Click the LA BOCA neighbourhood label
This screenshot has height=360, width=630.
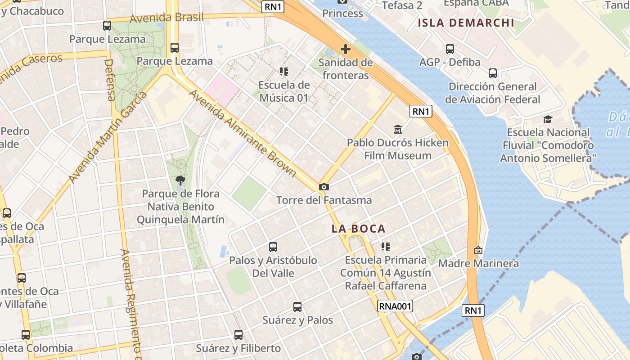pos(359,229)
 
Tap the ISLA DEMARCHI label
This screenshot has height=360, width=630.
pos(466,23)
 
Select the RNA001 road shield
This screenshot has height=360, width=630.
pos(395,306)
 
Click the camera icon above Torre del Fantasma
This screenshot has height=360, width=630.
pos(324,187)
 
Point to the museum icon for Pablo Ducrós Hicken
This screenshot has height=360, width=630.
pos(398,130)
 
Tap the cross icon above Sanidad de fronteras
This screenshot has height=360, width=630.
pos(346,49)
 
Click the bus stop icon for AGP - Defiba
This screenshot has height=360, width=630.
pos(450,49)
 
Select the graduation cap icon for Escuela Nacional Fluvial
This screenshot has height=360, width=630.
pos(548,119)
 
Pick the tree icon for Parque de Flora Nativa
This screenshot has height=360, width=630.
pos(180,180)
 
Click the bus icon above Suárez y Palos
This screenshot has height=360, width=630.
pos(297,307)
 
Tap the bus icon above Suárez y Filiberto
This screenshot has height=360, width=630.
pos(238,335)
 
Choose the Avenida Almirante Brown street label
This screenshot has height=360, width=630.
pos(243,133)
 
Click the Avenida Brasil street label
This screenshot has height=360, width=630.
pos(166,18)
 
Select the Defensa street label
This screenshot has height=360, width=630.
pos(110,80)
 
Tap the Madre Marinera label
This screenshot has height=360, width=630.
pos(478,263)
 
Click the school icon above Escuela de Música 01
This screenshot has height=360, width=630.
pos(284,72)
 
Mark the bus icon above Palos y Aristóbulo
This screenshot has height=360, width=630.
pos(273,247)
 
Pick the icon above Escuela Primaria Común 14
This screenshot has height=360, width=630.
pos(386,246)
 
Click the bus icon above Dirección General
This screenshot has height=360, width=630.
pos(493,73)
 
